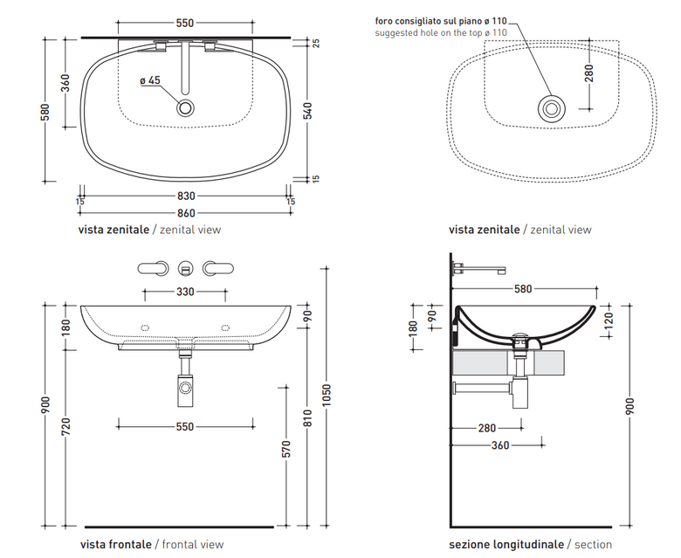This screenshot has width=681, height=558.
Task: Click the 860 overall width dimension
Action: pyautogui.click(x=186, y=213)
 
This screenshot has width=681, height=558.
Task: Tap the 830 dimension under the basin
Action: pyautogui.click(x=186, y=196)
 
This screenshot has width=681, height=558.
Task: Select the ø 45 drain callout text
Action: pyautogui.click(x=150, y=80)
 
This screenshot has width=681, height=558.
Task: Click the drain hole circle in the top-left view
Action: pyautogui.click(x=185, y=108)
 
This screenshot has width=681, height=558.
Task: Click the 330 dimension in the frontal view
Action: pyautogui.click(x=185, y=292)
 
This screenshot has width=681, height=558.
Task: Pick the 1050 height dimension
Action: pyautogui.click(x=327, y=396)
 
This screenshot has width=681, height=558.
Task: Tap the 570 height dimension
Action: pyautogui.click(x=285, y=449)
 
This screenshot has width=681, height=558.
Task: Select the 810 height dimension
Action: pyautogui.click(x=307, y=417)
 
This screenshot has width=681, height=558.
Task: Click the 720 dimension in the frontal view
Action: pyautogui.click(x=66, y=426)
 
